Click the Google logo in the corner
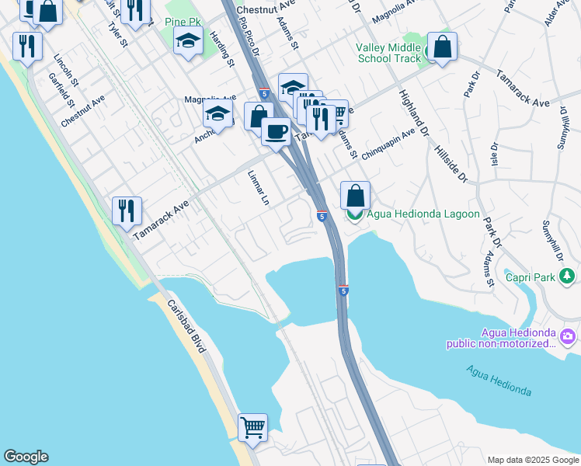coord(26,457)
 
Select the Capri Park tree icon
coord(569,276)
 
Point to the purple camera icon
coord(569,336)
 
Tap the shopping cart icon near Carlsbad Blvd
coord(252,427)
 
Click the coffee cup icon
coord(276,131)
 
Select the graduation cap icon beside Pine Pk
coord(188,40)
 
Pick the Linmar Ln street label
coord(258,189)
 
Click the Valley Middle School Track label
coord(388,52)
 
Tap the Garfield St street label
coord(60,92)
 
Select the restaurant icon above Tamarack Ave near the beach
coord(127,210)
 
